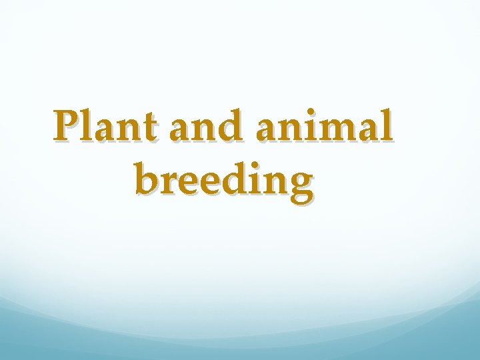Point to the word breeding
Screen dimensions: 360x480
(x=223, y=180)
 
